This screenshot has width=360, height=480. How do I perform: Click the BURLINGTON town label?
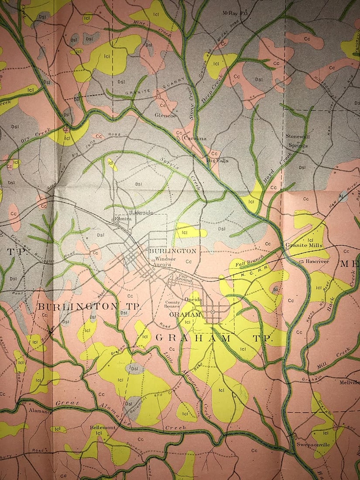tap(172, 251)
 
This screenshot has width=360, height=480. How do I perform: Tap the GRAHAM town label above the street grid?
tap(181, 314)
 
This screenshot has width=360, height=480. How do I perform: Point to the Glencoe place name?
tap(165, 116)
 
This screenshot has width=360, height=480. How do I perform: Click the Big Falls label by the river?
tap(217, 160)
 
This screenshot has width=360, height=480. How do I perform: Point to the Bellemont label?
tap(103, 428)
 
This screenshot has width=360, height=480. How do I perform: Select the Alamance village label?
tap(41, 411)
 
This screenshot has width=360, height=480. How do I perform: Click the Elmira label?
tap(123, 219)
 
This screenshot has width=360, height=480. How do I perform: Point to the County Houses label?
tap(172, 305)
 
